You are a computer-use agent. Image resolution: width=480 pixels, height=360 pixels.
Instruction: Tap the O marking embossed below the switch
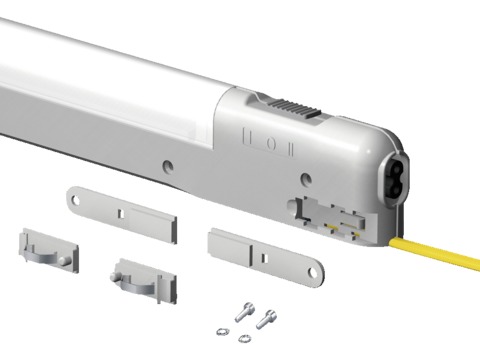click(272, 144)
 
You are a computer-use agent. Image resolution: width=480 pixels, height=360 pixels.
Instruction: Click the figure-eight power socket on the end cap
click(395, 176)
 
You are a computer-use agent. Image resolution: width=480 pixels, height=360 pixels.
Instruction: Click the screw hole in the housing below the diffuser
click(168, 166)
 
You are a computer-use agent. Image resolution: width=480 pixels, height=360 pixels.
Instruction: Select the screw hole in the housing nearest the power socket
click(307, 179)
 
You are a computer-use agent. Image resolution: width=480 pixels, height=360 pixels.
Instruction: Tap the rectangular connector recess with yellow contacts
click(330, 217)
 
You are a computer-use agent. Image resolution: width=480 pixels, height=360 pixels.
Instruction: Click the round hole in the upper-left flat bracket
click(76, 201)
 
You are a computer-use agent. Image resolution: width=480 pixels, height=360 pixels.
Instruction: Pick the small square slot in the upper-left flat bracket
click(122, 214)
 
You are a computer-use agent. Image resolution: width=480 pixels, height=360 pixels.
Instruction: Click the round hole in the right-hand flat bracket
click(313, 273)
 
